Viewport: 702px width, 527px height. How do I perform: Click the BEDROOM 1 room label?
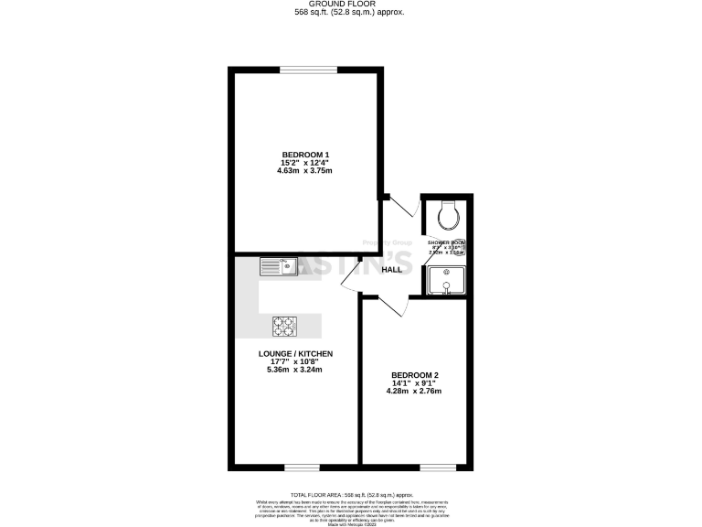(x=305, y=154)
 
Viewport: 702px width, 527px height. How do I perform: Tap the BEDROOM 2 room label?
(x=415, y=375)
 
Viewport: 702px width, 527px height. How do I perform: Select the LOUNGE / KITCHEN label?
(x=294, y=353)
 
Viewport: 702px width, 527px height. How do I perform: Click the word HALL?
(x=392, y=270)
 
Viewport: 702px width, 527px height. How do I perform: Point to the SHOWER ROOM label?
(x=447, y=243)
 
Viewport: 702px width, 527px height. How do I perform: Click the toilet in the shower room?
(x=448, y=214)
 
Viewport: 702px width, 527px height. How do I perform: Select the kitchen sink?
(x=278, y=266)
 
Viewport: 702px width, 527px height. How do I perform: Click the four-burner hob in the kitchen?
(x=285, y=325)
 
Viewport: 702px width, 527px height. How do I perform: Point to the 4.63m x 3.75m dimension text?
(x=305, y=170)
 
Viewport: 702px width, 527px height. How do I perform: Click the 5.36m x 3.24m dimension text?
(x=294, y=370)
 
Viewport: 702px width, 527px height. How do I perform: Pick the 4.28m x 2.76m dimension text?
(x=415, y=392)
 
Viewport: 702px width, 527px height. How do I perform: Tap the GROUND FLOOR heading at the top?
(x=350, y=5)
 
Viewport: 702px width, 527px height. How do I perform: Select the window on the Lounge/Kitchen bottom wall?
(x=295, y=467)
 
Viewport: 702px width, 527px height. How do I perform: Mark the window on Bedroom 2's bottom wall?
(x=437, y=467)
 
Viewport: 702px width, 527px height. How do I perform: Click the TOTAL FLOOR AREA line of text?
(x=350, y=493)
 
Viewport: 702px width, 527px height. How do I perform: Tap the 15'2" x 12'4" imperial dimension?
(x=305, y=162)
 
